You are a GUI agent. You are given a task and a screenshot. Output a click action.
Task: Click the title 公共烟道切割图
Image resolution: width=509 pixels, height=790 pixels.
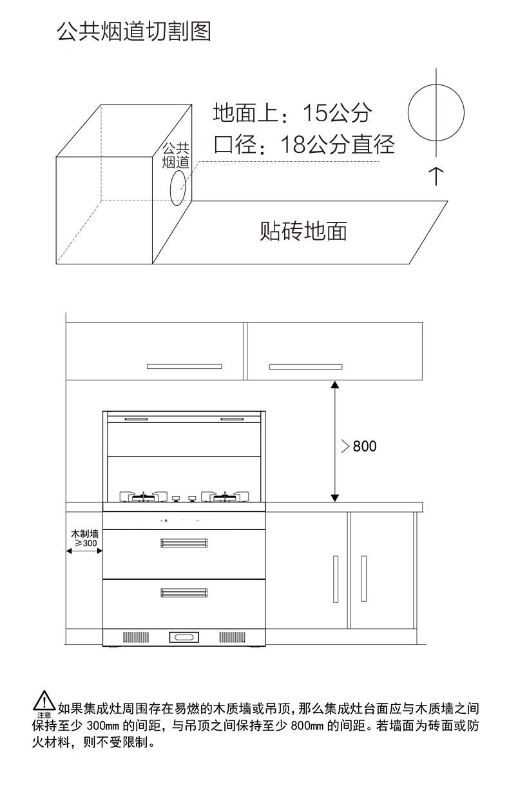[x=134, y=31]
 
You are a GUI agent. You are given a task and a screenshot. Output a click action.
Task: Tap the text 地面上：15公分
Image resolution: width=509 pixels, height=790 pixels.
[x=293, y=114]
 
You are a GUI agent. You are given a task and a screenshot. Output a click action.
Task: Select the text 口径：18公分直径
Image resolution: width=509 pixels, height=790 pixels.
[x=303, y=144]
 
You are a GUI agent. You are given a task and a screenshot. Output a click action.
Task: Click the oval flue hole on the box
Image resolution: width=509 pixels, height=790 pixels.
[x=178, y=186]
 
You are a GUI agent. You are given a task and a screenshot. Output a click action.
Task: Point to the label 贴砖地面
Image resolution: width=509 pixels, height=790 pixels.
[x=303, y=230]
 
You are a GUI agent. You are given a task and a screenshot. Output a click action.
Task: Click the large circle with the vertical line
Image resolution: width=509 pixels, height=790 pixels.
[x=436, y=112]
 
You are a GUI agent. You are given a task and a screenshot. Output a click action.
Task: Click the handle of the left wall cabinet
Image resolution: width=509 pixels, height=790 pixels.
[x=184, y=366]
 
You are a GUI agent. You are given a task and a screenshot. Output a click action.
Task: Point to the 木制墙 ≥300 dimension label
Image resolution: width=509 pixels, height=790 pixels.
[x=84, y=539]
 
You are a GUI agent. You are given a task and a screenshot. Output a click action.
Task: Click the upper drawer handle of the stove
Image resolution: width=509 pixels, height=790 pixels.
[x=184, y=542]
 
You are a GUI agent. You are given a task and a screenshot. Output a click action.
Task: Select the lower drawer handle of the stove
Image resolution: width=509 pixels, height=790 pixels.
[x=184, y=591]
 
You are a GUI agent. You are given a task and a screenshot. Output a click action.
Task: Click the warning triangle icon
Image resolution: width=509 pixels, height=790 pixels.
[x=44, y=701]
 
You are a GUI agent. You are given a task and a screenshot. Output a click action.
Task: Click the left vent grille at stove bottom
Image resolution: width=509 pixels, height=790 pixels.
[x=136, y=637]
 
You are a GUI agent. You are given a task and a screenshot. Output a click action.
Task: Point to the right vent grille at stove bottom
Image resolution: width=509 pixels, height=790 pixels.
[x=232, y=637]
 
